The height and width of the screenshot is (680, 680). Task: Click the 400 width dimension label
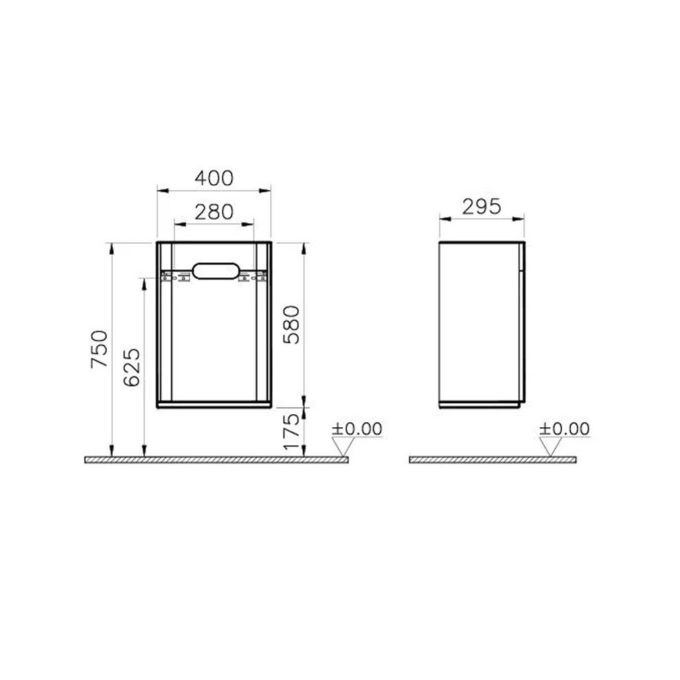point(214,178)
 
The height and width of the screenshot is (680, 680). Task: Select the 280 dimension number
point(214,212)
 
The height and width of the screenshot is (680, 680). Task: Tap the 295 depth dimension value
point(481,206)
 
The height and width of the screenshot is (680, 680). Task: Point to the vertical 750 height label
point(100,349)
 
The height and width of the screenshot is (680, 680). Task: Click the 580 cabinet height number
point(292,325)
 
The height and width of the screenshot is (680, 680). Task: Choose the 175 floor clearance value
point(292,430)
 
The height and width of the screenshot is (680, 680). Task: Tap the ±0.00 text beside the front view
point(356,429)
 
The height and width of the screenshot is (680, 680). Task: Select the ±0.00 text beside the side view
point(564,429)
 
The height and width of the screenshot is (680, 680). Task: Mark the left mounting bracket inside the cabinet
point(174,277)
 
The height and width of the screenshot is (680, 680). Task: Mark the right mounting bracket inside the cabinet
point(253,277)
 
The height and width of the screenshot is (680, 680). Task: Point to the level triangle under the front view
point(341,448)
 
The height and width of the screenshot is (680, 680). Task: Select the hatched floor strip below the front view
point(217,460)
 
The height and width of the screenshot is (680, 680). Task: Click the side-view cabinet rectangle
point(481,323)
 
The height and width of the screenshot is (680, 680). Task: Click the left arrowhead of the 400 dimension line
point(160,188)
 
